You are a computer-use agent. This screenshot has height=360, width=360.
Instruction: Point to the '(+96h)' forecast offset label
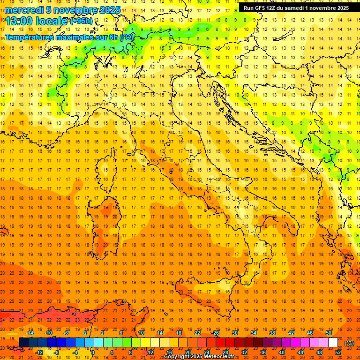(81, 21)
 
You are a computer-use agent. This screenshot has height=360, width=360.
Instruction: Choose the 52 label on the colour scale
(338, 352)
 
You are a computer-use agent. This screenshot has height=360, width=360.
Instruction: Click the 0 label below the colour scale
(93, 352)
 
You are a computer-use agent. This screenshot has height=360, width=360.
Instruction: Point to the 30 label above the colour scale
(234, 333)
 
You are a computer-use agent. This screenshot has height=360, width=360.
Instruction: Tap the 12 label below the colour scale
(150, 352)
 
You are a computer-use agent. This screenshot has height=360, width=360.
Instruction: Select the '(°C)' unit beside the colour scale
(349, 343)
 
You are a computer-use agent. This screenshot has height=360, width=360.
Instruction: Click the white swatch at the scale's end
(333, 343)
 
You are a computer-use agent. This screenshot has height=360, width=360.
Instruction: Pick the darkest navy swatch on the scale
(23, 343)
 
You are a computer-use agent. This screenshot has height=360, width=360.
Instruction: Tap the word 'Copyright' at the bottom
(178, 357)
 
